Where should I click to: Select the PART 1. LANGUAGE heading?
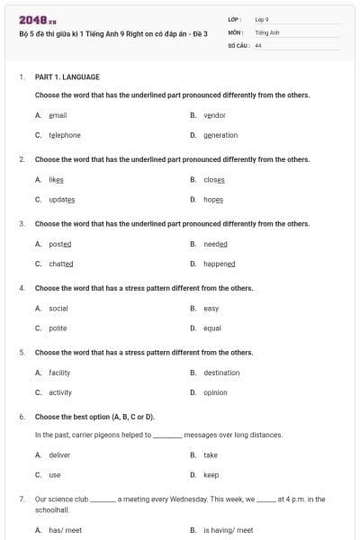67,77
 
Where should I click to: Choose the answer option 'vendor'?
214,115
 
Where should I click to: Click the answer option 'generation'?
220,135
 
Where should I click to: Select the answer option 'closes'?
214,179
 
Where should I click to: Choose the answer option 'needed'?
215,244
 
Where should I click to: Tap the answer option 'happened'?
219,264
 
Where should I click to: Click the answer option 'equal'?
212,328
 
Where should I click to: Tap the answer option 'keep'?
211,474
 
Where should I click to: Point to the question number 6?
22,417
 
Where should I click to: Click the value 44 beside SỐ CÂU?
258,44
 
